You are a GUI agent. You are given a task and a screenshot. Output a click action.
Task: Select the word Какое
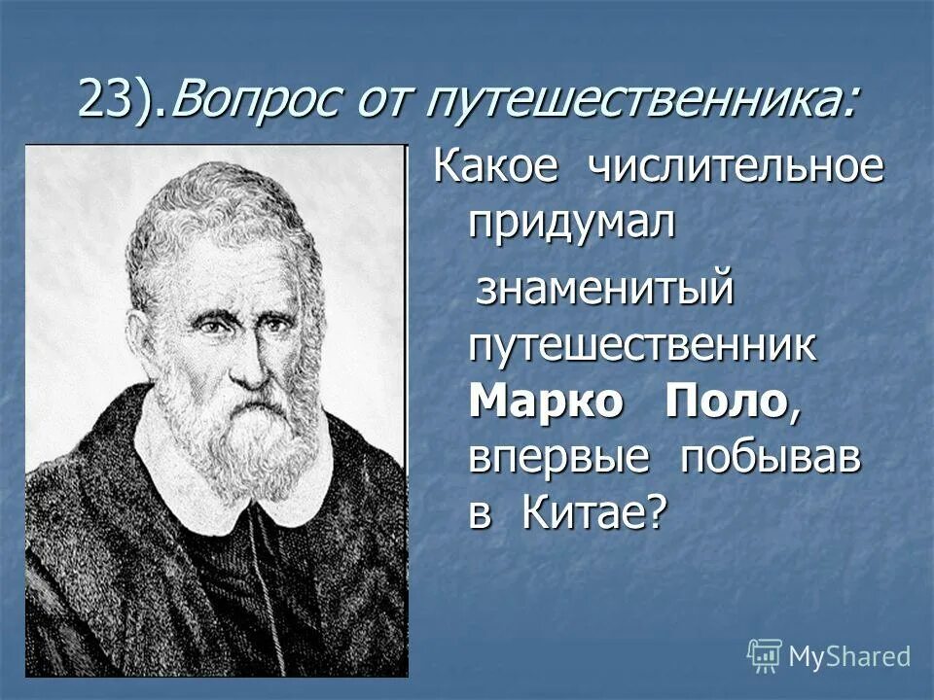point(496,166)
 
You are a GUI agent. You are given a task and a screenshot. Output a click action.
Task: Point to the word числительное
point(735,166)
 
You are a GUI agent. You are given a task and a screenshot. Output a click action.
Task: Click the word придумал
point(571,223)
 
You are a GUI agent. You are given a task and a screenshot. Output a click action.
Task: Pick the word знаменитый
point(602,290)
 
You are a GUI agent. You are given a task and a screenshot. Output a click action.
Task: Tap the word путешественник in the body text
point(643,346)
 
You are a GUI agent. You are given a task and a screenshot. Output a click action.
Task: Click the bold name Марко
point(546,402)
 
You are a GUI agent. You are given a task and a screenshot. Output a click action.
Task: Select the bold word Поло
point(725,402)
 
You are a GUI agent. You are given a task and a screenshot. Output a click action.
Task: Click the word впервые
point(558,458)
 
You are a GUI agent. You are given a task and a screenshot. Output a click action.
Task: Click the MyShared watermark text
point(849,656)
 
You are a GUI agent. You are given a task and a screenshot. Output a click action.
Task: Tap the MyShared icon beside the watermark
point(765,655)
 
